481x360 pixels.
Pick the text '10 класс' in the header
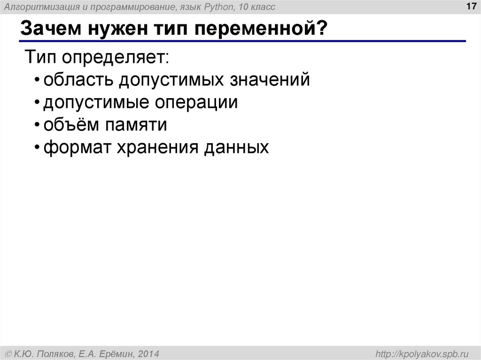257,7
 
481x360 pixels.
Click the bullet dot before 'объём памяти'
37,126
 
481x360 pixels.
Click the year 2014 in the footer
149,352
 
